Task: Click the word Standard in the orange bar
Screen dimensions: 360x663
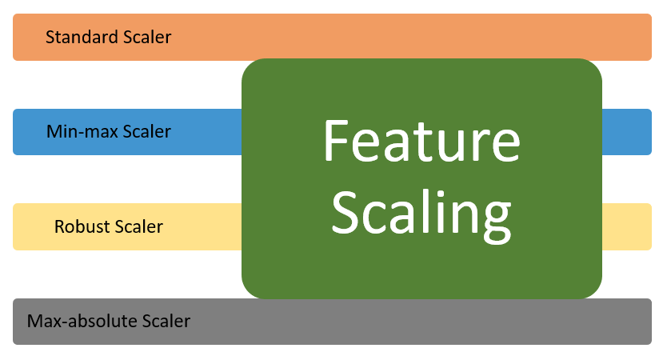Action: click(x=78, y=37)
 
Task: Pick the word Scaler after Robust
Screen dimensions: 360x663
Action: click(x=138, y=227)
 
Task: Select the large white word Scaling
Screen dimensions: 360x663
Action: click(x=421, y=212)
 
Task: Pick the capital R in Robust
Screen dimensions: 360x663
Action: click(x=59, y=227)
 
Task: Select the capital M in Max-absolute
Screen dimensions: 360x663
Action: click(x=34, y=322)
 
